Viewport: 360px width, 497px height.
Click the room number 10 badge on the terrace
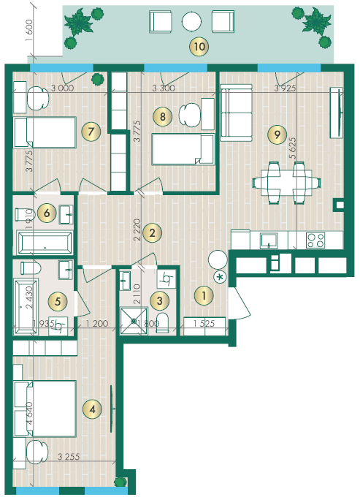coord(199,47)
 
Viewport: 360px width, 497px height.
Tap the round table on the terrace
coord(191,21)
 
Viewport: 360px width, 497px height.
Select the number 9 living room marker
coord(277,134)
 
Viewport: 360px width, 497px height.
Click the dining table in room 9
coord(286,183)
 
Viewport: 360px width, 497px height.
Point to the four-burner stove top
coord(315,240)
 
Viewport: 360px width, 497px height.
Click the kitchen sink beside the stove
coord(269,240)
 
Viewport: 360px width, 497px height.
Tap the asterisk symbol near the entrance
coord(220,277)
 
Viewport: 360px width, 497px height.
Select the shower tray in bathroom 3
coord(134,321)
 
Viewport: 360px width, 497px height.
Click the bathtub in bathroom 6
coord(45,243)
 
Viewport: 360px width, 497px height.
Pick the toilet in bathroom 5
coord(31,268)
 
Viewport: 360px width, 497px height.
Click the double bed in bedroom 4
coord(45,409)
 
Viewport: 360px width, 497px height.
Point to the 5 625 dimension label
coord(293,148)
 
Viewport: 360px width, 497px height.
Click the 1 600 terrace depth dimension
coord(29,30)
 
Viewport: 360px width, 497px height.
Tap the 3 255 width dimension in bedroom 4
coord(69,456)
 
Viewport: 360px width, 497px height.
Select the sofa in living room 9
coord(236,113)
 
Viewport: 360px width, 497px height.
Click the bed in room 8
coord(183,149)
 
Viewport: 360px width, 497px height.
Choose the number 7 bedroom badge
coord(91,132)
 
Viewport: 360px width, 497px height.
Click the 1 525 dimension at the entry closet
coord(204,323)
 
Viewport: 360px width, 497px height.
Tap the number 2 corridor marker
coord(153,233)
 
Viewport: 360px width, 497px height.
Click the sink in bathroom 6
coord(66,215)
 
